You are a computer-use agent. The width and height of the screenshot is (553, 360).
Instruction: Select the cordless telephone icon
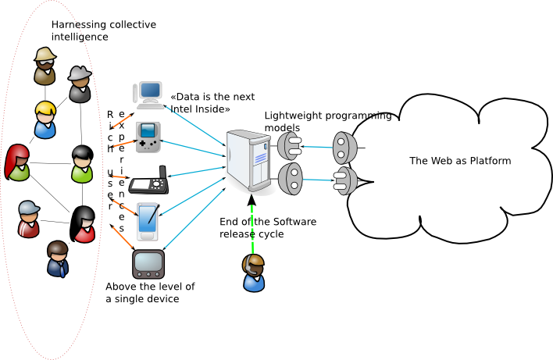point(148,181)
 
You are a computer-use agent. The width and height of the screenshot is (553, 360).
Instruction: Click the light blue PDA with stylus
point(149,220)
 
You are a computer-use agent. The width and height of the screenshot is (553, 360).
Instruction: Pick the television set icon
point(148,263)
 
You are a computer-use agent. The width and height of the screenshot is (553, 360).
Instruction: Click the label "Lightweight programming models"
point(327,121)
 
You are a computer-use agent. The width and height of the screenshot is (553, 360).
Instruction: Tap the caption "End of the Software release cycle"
point(268,227)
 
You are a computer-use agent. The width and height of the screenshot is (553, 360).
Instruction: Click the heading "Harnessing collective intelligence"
point(103,30)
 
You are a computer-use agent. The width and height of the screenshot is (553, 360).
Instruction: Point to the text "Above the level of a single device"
point(150,292)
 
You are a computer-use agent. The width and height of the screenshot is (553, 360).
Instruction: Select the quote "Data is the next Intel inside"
point(212,103)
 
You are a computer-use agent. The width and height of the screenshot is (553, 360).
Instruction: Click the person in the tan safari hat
point(45,66)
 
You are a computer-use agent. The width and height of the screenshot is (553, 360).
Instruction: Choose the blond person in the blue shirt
point(45,119)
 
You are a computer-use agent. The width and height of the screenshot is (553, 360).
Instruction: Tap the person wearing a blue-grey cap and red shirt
point(28,219)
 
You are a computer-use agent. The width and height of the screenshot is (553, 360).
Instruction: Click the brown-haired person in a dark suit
point(57,258)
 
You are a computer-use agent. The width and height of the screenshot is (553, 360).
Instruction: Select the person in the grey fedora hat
point(80,84)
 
